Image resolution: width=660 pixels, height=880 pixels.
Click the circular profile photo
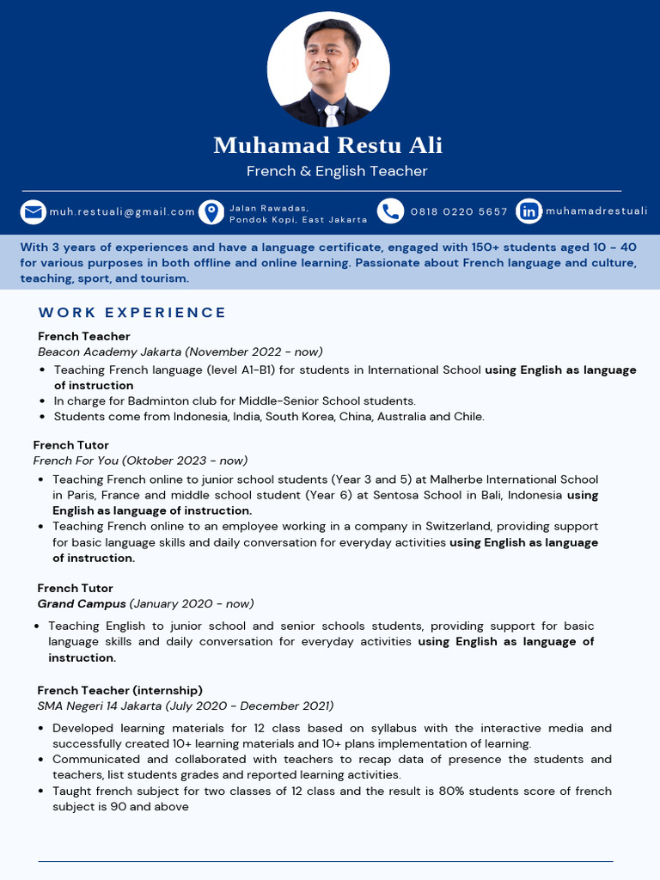[x=328, y=70]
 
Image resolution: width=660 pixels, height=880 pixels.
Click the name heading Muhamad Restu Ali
[x=328, y=145]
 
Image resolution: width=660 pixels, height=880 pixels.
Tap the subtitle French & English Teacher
[x=337, y=171]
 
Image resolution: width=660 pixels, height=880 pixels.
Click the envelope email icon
[x=34, y=211]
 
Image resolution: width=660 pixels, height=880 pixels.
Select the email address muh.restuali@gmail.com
[x=122, y=211]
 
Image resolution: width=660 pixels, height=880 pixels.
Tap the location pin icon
[x=211, y=211]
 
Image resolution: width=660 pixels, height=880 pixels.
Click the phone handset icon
[x=390, y=211]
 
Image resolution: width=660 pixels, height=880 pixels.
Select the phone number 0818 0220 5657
[x=459, y=211]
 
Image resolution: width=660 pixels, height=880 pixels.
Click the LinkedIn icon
[x=529, y=211]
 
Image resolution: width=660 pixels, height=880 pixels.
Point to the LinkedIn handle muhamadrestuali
[x=596, y=211]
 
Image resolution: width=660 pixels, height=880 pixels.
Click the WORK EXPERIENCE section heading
[x=132, y=313]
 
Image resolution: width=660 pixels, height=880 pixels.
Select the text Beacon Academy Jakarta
[x=109, y=351]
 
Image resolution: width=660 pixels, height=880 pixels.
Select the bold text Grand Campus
[x=82, y=604]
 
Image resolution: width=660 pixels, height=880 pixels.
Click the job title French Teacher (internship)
[x=119, y=690]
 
